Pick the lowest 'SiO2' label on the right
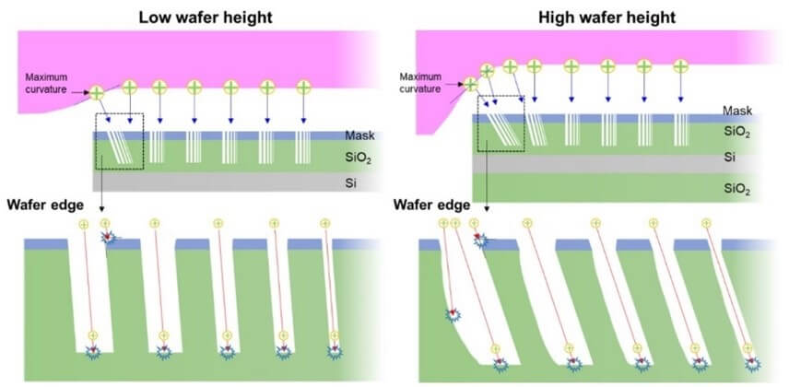[736, 188]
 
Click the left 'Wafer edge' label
[40, 203]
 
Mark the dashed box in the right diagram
[500, 123]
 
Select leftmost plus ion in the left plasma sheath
[97, 91]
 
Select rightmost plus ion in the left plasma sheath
[302, 88]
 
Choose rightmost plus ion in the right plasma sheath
[680, 66]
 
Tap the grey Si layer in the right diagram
[599, 159]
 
